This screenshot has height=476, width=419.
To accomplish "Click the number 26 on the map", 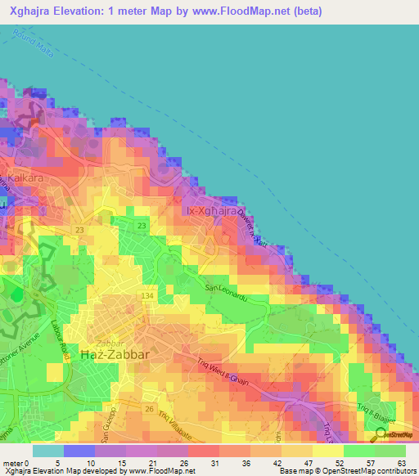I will (149, 408).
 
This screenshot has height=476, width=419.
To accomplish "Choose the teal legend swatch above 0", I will (47, 450).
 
